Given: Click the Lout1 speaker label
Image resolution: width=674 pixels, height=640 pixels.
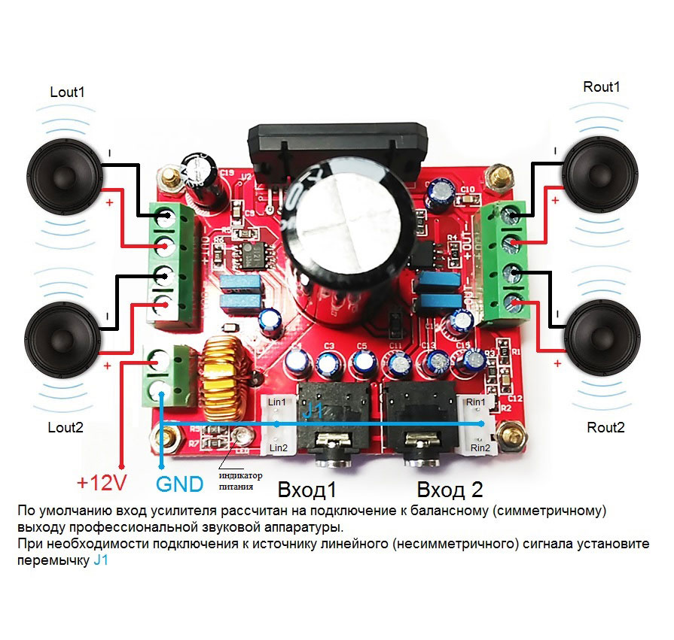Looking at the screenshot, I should point(68,93).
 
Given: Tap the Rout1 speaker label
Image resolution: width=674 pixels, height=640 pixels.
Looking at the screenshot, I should point(602,86).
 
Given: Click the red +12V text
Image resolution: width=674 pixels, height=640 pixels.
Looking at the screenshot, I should point(102,483).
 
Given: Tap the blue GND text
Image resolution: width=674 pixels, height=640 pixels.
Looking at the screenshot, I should point(179,483).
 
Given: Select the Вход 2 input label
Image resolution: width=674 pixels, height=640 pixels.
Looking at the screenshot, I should point(450,490).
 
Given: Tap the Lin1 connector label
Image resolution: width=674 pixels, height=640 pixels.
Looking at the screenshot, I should point(278,402).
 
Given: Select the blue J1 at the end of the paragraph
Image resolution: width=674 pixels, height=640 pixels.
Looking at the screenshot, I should point(102,560).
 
